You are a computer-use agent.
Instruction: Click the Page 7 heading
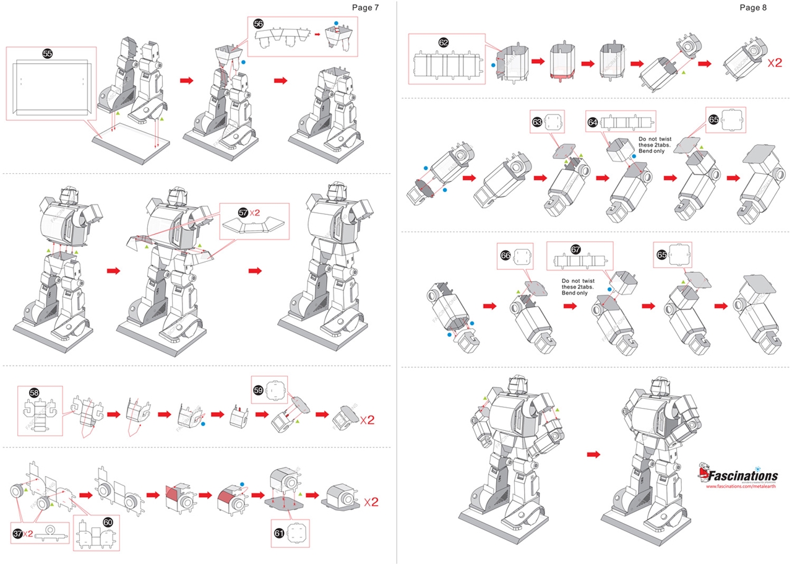(365, 7)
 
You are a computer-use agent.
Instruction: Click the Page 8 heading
(753, 7)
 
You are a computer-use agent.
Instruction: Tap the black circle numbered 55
(48, 54)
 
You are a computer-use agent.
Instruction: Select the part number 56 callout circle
(259, 24)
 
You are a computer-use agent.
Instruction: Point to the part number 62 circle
(443, 42)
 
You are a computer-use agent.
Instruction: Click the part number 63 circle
(537, 123)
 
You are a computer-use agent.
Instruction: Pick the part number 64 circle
(593, 123)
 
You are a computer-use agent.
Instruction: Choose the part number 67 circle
(575, 250)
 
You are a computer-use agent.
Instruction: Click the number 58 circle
(34, 393)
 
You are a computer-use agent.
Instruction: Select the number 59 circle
(259, 389)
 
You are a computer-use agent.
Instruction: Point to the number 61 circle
(279, 532)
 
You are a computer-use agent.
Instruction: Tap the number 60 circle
(108, 522)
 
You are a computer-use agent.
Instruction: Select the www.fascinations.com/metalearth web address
(742, 487)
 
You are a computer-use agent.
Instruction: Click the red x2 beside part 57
(255, 213)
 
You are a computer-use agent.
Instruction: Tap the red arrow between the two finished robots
(593, 454)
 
